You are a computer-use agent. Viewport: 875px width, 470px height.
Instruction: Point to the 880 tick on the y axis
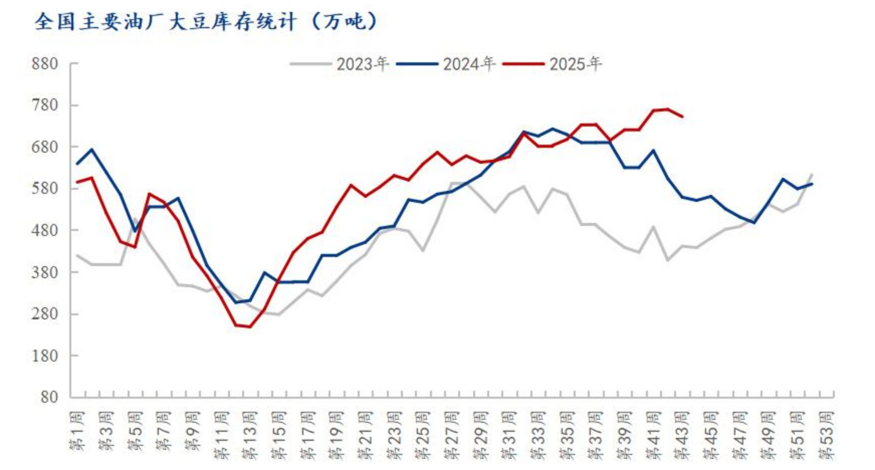(45, 64)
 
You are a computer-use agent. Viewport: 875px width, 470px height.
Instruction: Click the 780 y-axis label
(45, 105)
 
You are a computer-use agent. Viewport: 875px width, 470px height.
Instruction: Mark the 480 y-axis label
(45, 230)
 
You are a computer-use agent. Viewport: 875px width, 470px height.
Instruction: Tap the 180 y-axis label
(45, 356)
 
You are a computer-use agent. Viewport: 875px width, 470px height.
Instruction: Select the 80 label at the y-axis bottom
(49, 397)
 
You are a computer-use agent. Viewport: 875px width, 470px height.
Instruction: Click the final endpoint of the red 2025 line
(683, 117)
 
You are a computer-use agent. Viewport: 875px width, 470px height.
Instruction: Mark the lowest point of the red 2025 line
(250, 327)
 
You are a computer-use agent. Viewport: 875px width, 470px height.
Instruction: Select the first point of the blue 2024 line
(77, 164)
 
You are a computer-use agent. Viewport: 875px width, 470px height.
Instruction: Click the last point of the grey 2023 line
(812, 174)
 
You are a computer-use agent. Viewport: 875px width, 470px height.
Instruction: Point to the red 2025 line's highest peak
(668, 109)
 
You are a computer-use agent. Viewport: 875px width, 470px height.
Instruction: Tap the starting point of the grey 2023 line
(77, 255)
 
